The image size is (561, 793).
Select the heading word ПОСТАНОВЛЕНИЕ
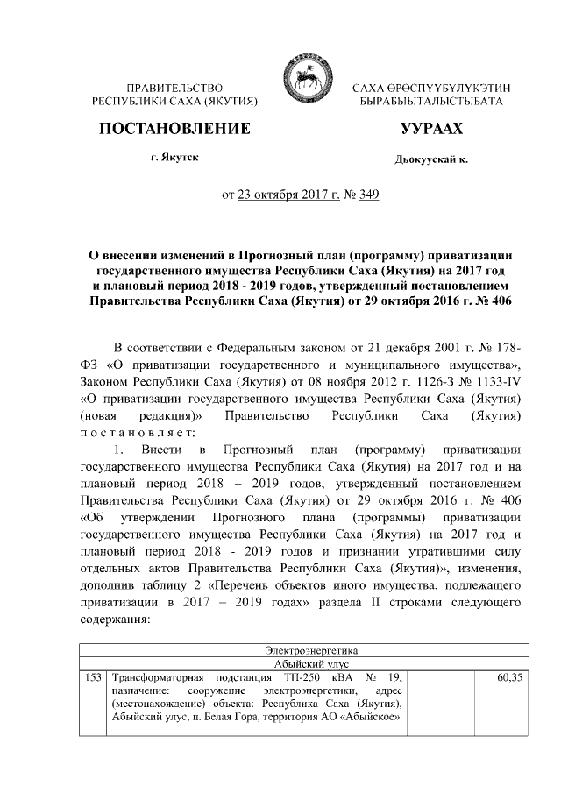[175, 129]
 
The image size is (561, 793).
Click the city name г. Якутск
[174, 158]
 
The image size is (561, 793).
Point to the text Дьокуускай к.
[432, 160]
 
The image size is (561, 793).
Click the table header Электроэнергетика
[303, 650]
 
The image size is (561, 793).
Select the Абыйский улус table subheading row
[303, 663]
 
